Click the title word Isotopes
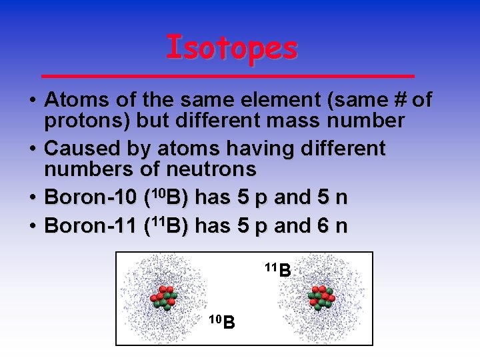(231, 47)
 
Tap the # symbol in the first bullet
(398, 100)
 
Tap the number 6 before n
(323, 226)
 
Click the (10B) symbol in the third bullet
(166, 197)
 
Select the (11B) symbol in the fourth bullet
(166, 226)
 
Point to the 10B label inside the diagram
(221, 322)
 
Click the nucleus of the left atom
(163, 297)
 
